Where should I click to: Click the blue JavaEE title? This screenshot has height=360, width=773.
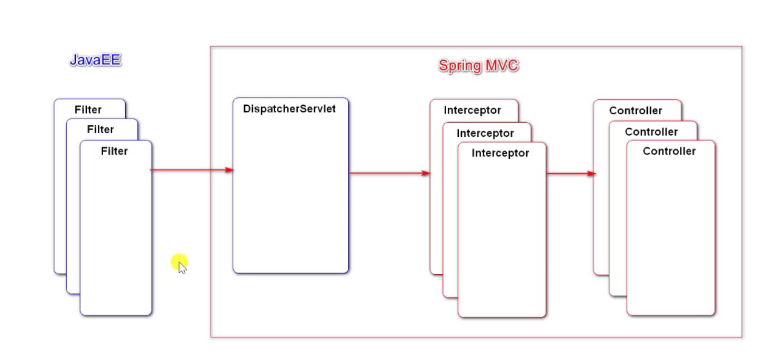pyautogui.click(x=95, y=60)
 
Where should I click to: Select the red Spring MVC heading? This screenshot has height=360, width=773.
pyautogui.click(x=478, y=66)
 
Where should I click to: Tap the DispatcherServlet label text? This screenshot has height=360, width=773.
pyautogui.click(x=289, y=109)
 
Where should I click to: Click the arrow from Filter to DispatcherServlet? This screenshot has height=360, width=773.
pyautogui.click(x=192, y=170)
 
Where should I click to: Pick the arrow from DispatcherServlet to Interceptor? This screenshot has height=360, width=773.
pyautogui.click(x=389, y=173)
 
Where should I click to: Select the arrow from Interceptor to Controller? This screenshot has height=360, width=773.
pyautogui.click(x=570, y=173)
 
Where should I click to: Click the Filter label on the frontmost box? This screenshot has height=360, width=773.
pyautogui.click(x=114, y=152)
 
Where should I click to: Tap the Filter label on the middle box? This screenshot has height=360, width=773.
pyautogui.click(x=101, y=129)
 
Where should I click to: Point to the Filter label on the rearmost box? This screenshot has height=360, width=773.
pyautogui.click(x=88, y=110)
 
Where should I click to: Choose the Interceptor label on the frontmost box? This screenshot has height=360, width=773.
pyautogui.click(x=500, y=153)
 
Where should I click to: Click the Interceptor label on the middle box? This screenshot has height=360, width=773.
pyautogui.click(x=485, y=133)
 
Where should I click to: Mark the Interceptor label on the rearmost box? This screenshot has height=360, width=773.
pyautogui.click(x=472, y=111)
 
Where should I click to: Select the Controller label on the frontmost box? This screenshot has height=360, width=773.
pyautogui.click(x=669, y=152)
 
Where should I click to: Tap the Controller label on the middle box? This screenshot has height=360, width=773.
pyautogui.click(x=651, y=132)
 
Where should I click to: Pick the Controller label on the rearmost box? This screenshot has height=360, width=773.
pyautogui.click(x=635, y=111)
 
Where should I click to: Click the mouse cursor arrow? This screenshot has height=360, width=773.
pyautogui.click(x=182, y=268)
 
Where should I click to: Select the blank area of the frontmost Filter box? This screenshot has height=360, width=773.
pyautogui.click(x=116, y=237)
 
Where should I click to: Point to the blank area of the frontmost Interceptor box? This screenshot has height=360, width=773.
pyautogui.click(x=501, y=237)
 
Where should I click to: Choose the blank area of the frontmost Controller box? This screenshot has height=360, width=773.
pyautogui.click(x=670, y=237)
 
